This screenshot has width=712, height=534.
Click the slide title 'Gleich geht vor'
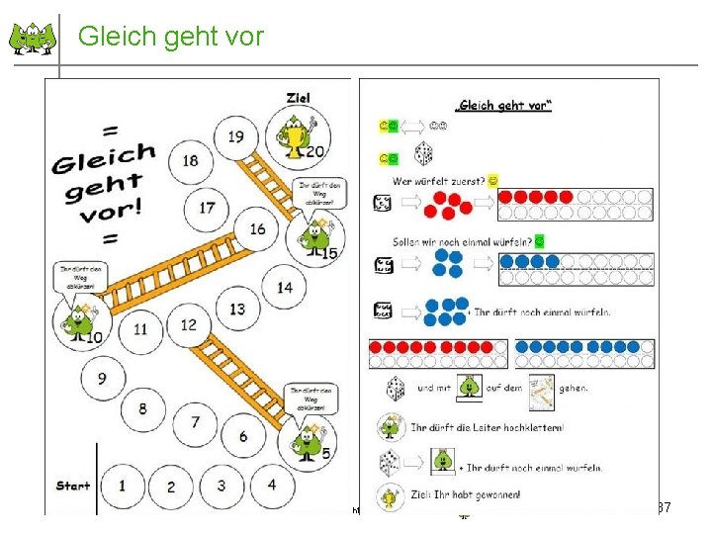[170, 37]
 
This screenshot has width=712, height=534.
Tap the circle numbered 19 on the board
[235, 136]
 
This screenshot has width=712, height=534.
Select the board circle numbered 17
[207, 208]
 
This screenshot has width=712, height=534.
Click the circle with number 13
[237, 310]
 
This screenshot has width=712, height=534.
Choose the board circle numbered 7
[195, 422]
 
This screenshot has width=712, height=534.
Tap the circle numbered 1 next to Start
[122, 486]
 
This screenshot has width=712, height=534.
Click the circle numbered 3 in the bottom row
[221, 486]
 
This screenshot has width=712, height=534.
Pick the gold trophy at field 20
[297, 138]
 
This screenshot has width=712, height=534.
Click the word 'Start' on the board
[73, 486]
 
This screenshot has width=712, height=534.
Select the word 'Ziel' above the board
[298, 97]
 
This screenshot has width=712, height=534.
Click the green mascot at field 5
[309, 438]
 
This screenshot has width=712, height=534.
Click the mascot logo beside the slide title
[34, 39]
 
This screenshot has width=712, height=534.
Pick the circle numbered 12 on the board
[188, 325]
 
